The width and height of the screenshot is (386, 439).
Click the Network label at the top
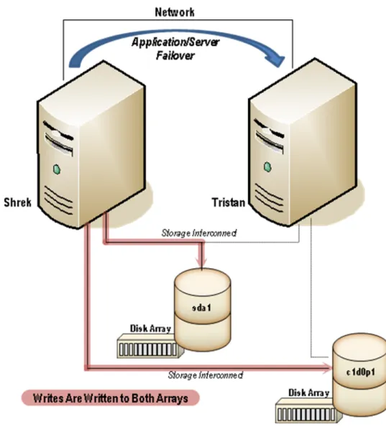pyautogui.click(x=175, y=12)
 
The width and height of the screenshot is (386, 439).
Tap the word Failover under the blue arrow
pyautogui.click(x=175, y=55)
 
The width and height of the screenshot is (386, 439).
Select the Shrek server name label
pyautogui.click(x=17, y=202)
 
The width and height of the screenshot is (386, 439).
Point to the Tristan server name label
pyautogui.click(x=229, y=202)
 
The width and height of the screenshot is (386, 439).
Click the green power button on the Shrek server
pyautogui.click(x=57, y=169)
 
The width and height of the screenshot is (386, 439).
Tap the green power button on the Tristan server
pyautogui.click(x=267, y=167)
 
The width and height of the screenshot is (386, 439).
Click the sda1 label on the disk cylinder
pyautogui.click(x=201, y=308)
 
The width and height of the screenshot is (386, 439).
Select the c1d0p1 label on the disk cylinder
pyautogui.click(x=360, y=372)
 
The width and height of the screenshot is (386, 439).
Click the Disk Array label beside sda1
pyautogui.click(x=150, y=329)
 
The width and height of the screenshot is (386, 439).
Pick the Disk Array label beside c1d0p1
pyautogui.click(x=309, y=392)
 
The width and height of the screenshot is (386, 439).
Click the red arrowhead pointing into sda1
pyautogui.click(x=202, y=263)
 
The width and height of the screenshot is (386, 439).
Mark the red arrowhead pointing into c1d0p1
pyautogui.click(x=328, y=367)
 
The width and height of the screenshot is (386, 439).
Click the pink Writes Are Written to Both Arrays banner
pyautogui.click(x=111, y=398)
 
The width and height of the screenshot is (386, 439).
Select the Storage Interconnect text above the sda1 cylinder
pyautogui.click(x=199, y=233)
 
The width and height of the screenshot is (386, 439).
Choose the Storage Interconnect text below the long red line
pyautogui.click(x=206, y=375)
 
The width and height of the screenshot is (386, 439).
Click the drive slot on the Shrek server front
pyautogui.click(x=59, y=138)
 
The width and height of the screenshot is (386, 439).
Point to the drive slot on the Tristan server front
pyautogui.click(x=269, y=136)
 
